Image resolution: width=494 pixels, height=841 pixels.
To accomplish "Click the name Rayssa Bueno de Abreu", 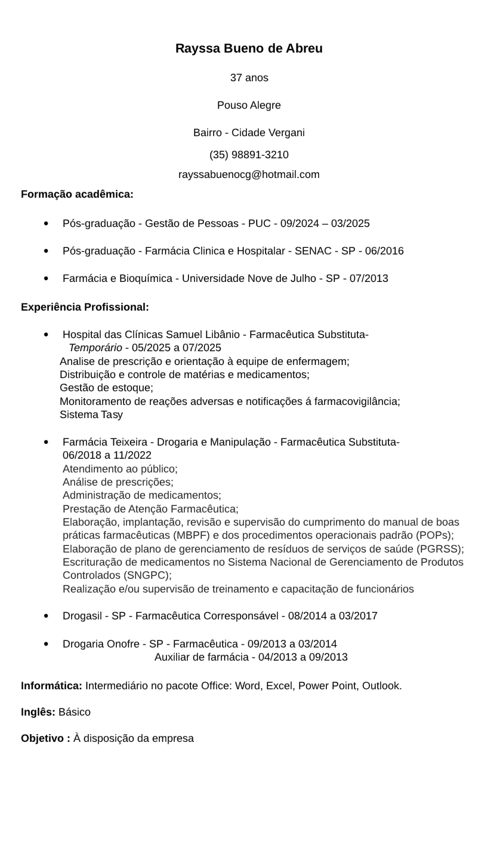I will (x=249, y=48).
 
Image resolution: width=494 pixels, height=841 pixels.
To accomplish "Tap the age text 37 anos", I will (x=249, y=78).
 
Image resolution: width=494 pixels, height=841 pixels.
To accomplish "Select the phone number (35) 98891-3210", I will (x=249, y=155).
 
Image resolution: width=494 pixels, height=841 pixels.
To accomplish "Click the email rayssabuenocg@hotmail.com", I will (x=249, y=174).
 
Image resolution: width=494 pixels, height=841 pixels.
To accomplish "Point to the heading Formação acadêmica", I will (x=77, y=194).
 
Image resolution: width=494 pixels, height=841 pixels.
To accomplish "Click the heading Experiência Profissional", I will (x=85, y=307).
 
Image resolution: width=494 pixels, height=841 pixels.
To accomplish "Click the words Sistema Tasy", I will (x=91, y=415).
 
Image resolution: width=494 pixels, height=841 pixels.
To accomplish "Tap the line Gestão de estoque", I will (x=106, y=388).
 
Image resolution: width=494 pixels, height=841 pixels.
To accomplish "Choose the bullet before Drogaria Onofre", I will (x=47, y=644).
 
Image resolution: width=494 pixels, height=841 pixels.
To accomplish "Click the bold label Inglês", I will (x=38, y=712).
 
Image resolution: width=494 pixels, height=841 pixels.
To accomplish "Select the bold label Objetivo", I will (x=45, y=738).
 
